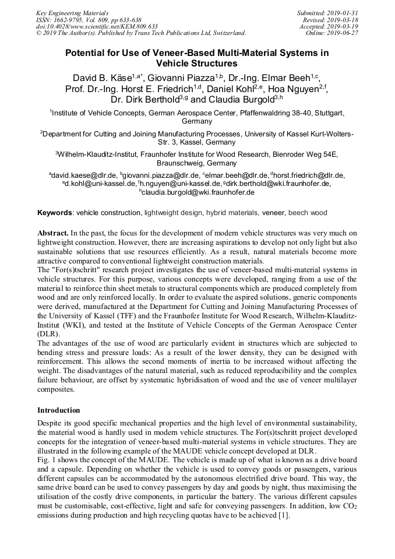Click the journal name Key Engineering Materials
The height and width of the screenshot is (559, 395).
(x=73, y=12)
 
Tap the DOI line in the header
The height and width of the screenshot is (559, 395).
(x=97, y=26)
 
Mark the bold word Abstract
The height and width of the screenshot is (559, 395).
(x=55, y=233)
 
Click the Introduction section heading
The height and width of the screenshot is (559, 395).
(x=59, y=410)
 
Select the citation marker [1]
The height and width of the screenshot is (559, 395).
(x=285, y=515)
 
